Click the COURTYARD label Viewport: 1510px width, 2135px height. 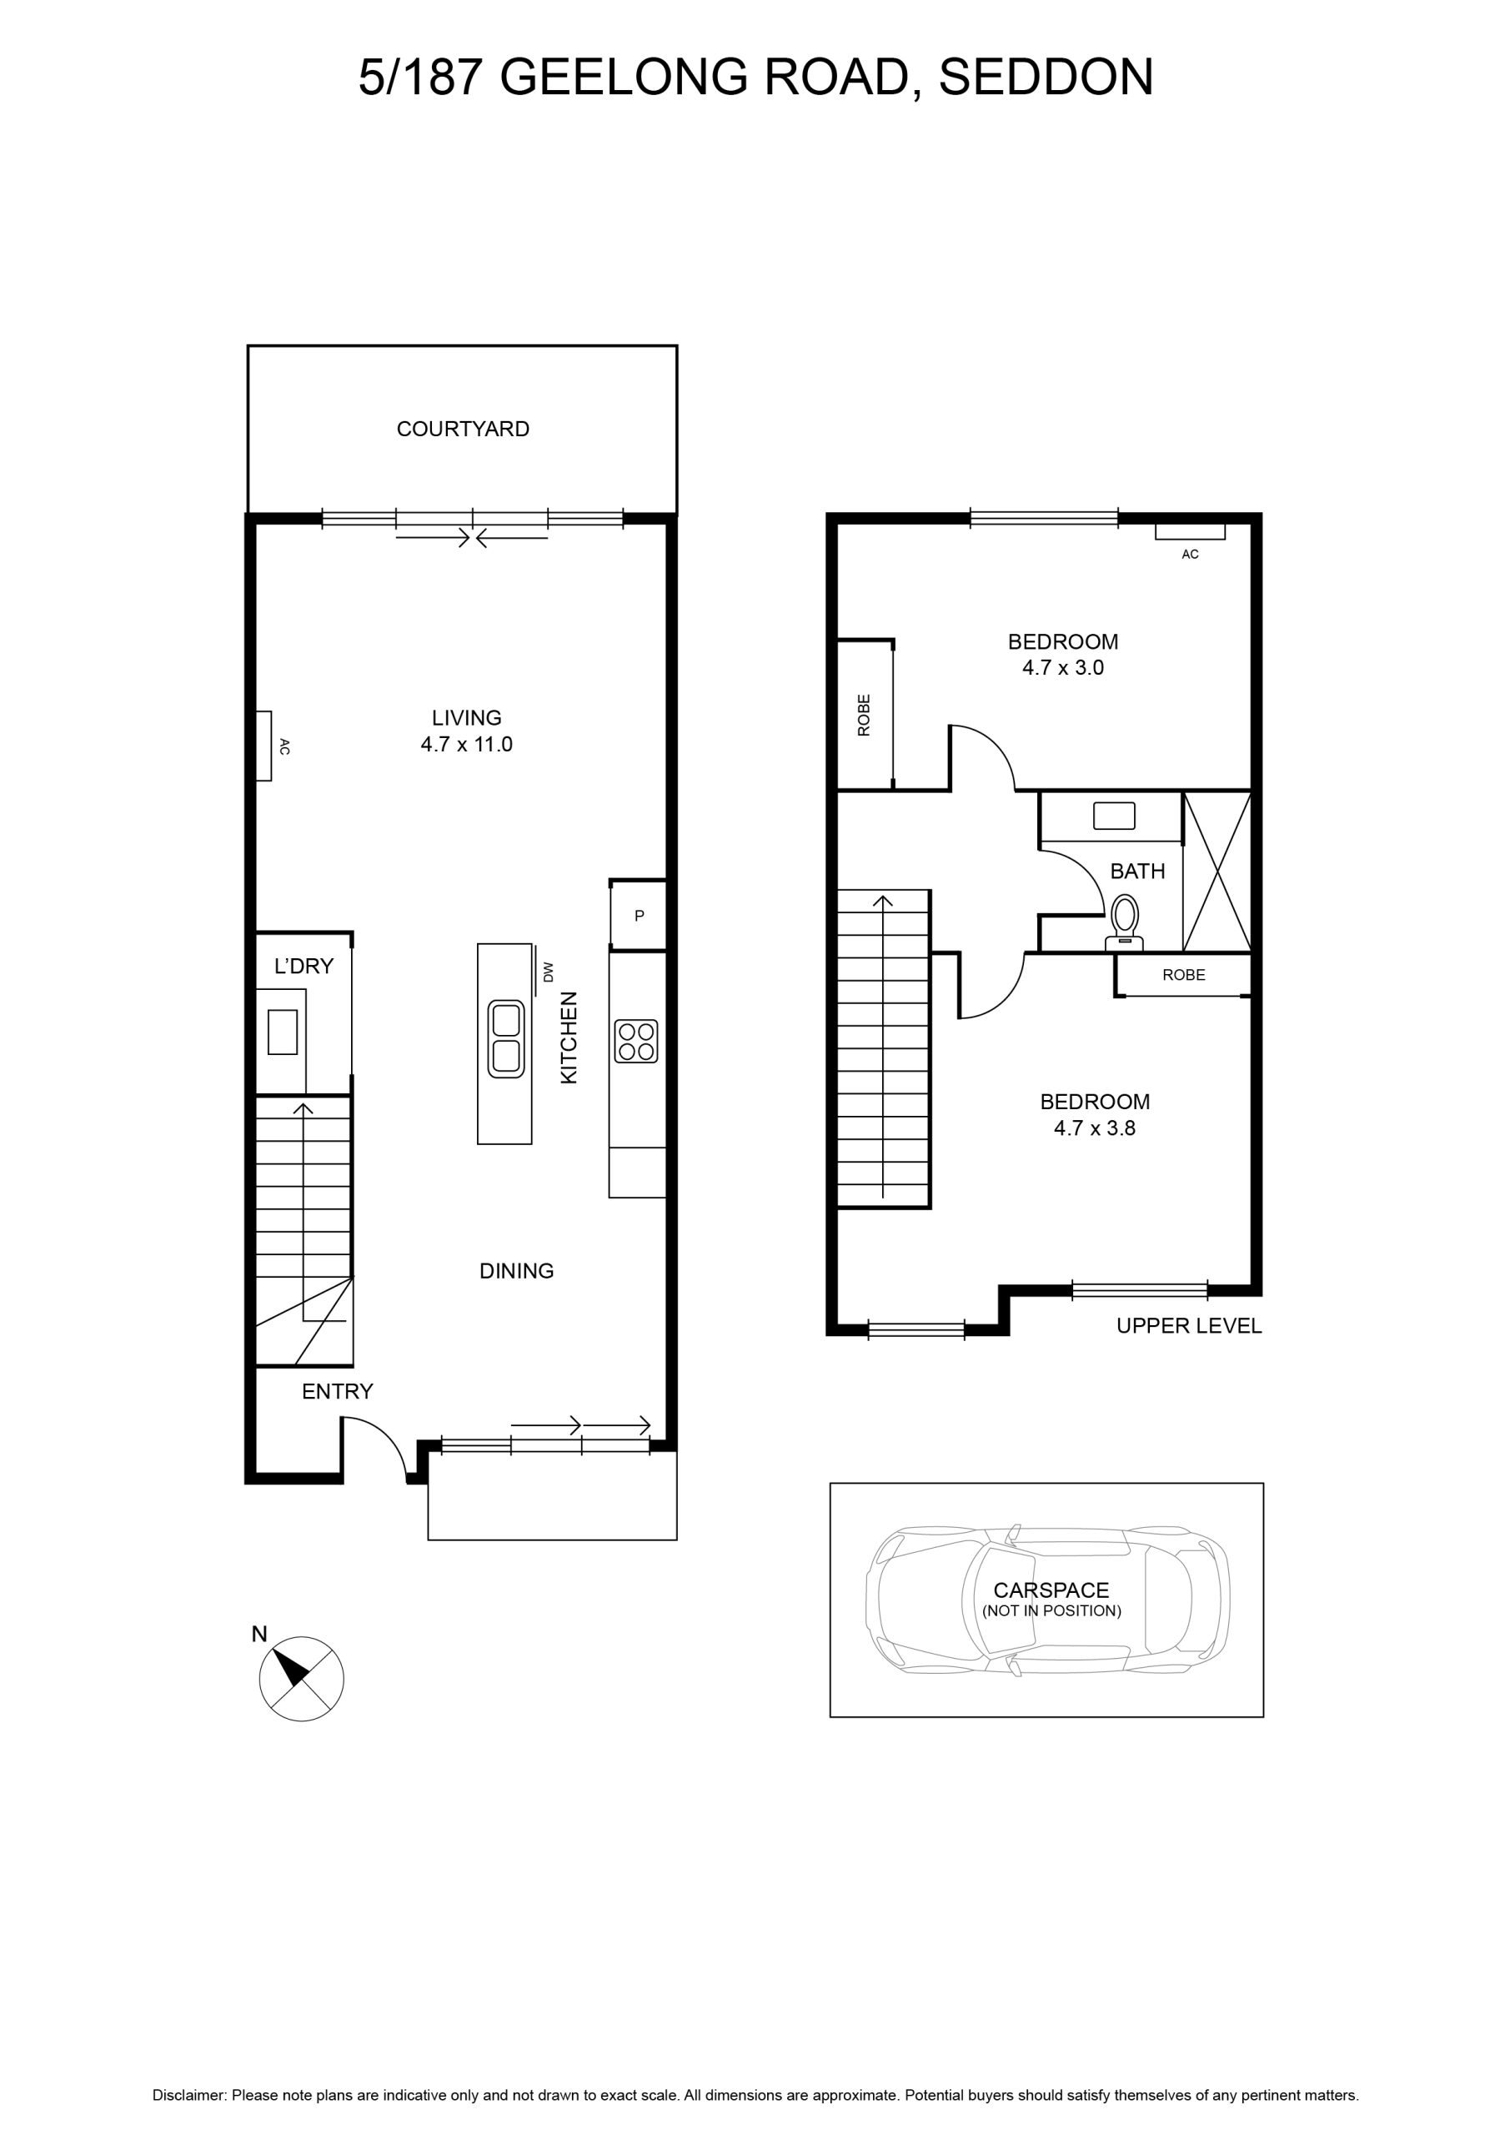[x=463, y=429]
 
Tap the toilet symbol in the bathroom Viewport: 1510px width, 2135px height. [x=1124, y=922]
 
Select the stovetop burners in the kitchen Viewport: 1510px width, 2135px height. [x=636, y=1041]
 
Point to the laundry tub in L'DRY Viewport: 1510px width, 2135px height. [x=283, y=1032]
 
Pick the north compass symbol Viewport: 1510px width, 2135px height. [x=301, y=1679]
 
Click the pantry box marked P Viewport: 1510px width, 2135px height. [x=638, y=915]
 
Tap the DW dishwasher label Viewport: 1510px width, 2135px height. [x=548, y=972]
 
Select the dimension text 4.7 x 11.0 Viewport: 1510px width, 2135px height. [x=467, y=744]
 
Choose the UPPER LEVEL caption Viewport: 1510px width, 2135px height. [x=1189, y=1326]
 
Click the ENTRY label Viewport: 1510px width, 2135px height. [x=338, y=1391]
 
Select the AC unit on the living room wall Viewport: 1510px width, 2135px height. [x=264, y=746]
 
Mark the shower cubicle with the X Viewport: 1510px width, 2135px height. [x=1217, y=872]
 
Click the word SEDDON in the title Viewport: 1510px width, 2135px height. [x=1046, y=78]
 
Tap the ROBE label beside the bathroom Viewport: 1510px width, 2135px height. [x=1184, y=975]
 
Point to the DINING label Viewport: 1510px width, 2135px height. [x=517, y=1270]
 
